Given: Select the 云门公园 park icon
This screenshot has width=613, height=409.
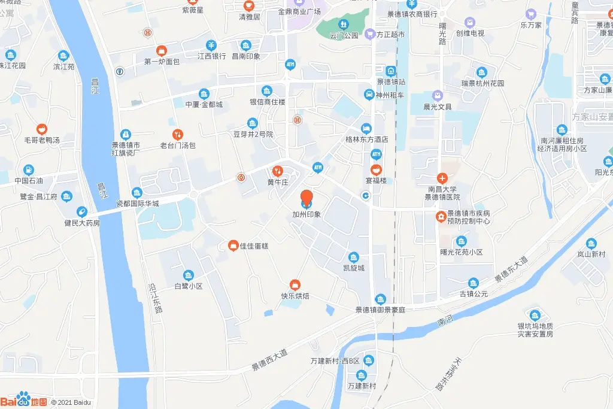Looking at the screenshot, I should (x=343, y=24).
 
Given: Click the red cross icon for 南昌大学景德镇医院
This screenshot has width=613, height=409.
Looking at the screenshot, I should (x=442, y=178).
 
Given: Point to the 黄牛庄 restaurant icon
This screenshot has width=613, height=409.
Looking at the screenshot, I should (x=277, y=170).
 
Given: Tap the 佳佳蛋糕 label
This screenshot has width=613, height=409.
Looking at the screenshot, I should (x=254, y=246).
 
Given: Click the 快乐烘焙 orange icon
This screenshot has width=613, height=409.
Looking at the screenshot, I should (x=295, y=284).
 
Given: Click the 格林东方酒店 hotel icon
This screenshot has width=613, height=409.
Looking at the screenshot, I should (x=366, y=128).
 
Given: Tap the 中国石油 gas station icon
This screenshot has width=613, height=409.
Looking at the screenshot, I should (x=29, y=169).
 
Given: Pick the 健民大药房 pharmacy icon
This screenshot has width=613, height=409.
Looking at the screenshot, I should (x=81, y=211).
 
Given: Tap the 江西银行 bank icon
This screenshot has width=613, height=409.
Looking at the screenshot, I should (x=211, y=45).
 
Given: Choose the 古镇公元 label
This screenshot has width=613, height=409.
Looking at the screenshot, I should (x=474, y=293).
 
